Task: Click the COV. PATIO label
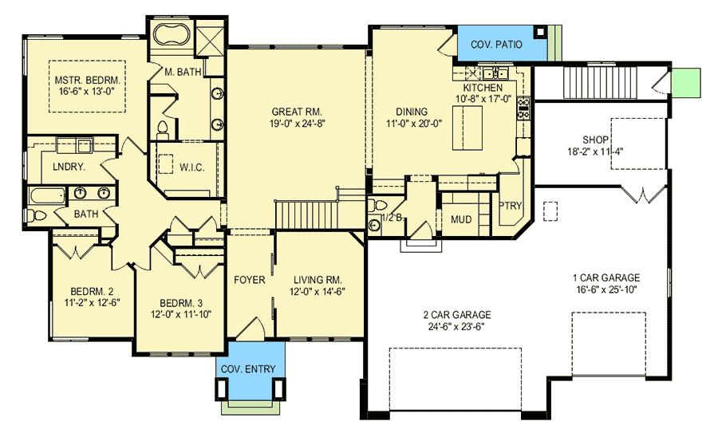[496, 45]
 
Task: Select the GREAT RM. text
[297, 112]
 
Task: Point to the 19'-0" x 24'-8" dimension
[298, 123]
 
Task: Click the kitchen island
[467, 128]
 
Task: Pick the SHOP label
[595, 140]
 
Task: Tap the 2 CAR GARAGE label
[457, 315]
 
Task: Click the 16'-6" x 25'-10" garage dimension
[607, 289]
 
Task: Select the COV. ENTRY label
[248, 369]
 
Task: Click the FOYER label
[250, 280]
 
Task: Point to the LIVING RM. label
[318, 280]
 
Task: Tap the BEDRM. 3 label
[181, 304]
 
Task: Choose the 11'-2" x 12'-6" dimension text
[93, 302]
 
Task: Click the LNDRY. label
[69, 167]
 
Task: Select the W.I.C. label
[191, 167]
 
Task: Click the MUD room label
[461, 220]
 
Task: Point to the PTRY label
[510, 206]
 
